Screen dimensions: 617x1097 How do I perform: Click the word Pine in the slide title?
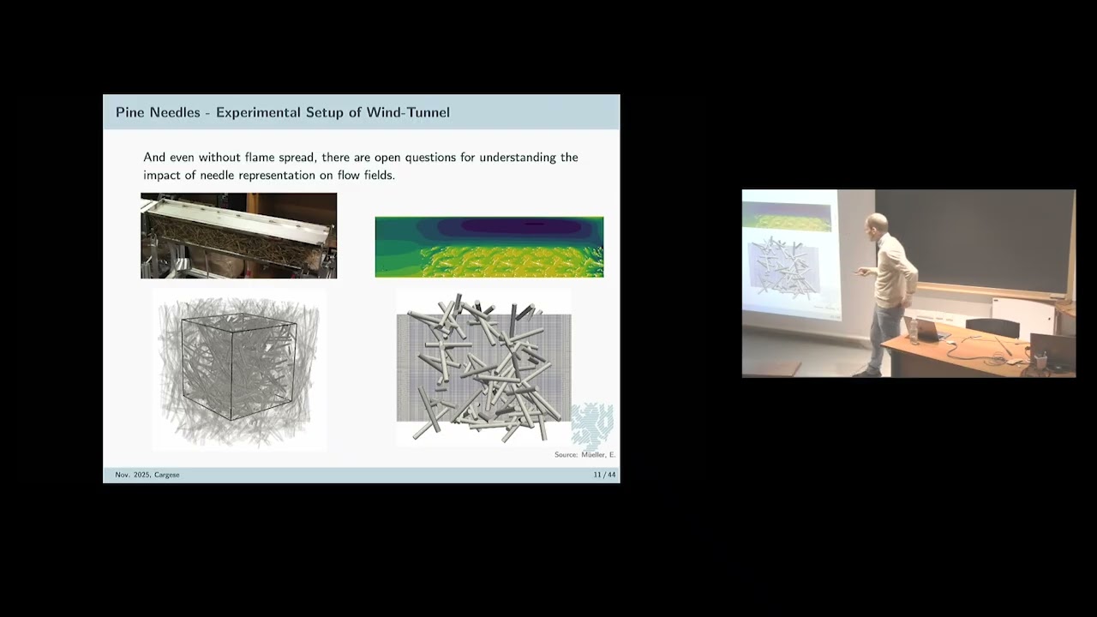[x=130, y=112]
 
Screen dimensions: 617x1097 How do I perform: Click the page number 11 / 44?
[x=604, y=475]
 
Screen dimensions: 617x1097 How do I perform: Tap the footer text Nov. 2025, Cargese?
[x=147, y=475]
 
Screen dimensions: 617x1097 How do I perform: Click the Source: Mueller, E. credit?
[x=584, y=455]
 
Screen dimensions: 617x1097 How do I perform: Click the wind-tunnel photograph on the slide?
[x=238, y=236]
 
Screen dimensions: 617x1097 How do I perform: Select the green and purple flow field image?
[x=489, y=247]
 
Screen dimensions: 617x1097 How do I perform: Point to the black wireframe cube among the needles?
[x=238, y=367]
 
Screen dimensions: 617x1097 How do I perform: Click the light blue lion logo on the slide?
[x=592, y=424]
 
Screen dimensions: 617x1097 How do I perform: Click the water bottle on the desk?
[x=914, y=330]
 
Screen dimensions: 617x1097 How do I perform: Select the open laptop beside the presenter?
[x=929, y=327]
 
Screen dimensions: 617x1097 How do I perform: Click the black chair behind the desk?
[x=992, y=327]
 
